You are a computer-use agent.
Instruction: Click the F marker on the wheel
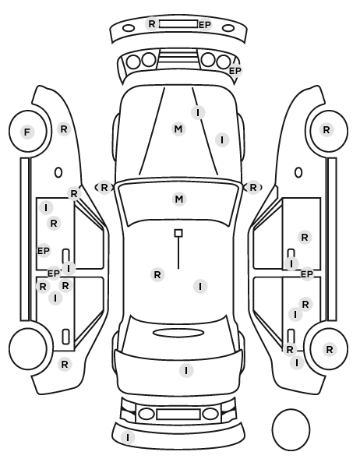(x=27, y=132)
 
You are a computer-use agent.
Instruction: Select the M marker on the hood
(x=178, y=129)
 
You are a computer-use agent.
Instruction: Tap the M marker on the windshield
(x=179, y=199)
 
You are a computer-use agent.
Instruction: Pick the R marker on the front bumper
(x=152, y=23)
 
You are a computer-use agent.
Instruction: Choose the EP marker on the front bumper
(x=205, y=25)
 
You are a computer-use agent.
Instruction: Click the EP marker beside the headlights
(x=235, y=71)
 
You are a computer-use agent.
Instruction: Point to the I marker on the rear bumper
(x=128, y=437)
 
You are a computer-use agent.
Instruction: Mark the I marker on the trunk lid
(x=186, y=371)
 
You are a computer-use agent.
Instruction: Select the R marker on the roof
(x=157, y=275)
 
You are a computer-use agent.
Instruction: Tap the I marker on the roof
(x=200, y=287)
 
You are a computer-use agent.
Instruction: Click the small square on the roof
(x=178, y=233)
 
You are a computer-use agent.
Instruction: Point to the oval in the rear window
(x=178, y=333)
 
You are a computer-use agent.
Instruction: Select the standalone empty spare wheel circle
(x=291, y=429)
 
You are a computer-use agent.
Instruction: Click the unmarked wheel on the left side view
(x=28, y=348)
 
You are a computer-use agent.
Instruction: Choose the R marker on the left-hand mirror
(x=104, y=188)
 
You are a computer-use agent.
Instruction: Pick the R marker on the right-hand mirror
(x=253, y=188)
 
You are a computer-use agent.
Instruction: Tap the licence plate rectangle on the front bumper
(x=178, y=24)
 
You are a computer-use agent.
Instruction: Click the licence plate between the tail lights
(x=178, y=415)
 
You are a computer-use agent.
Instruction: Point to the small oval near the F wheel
(x=58, y=172)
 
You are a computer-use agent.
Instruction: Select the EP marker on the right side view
(x=307, y=274)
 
